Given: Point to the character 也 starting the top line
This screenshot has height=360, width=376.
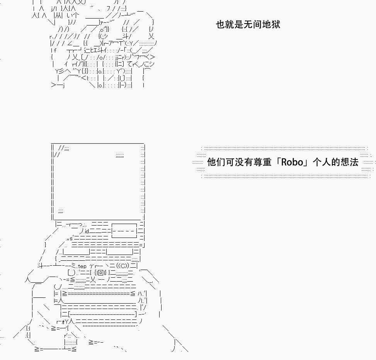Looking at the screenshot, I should [x=220, y=25].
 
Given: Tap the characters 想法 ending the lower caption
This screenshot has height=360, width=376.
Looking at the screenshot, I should [x=350, y=162].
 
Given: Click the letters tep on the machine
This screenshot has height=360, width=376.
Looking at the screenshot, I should [x=82, y=267].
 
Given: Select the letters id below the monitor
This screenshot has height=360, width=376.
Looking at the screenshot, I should [x=87, y=231].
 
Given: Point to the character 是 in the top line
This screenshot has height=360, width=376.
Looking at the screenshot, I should [x=238, y=25].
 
